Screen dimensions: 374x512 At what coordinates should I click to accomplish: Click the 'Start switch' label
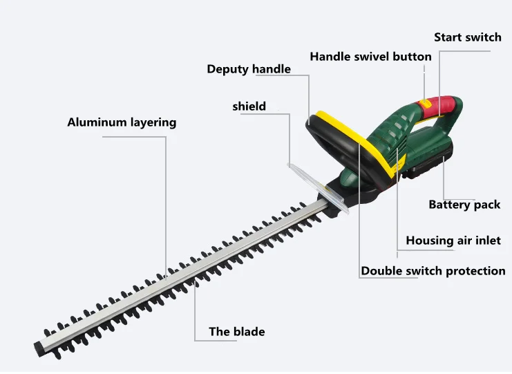(x=467, y=37)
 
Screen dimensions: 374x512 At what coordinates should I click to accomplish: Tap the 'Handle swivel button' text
(x=370, y=57)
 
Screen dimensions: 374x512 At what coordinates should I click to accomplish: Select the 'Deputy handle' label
(x=249, y=69)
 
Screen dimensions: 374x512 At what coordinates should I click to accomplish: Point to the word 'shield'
(x=249, y=106)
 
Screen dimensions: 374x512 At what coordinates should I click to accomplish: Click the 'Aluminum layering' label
(x=122, y=122)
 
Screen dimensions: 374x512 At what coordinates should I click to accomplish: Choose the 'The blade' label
(x=237, y=332)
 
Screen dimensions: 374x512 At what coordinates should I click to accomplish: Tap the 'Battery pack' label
(x=464, y=205)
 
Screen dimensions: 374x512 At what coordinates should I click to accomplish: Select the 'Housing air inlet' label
(x=453, y=241)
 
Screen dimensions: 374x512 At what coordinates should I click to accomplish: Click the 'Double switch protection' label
(x=433, y=271)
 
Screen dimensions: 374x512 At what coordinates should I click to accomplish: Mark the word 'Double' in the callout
(x=381, y=271)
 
